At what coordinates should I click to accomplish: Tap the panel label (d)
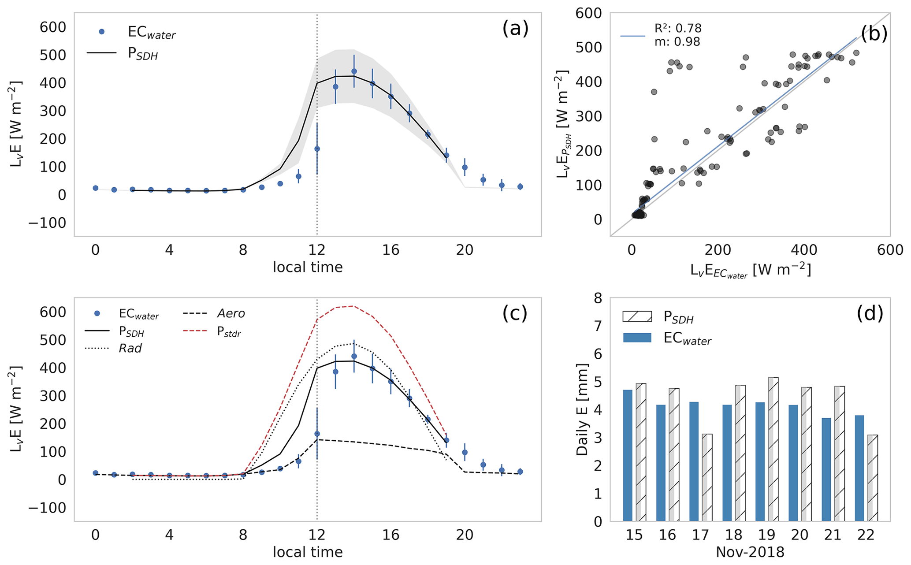(x=870, y=313)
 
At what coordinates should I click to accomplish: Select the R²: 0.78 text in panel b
(x=678, y=29)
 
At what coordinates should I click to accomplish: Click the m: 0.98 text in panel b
(x=677, y=42)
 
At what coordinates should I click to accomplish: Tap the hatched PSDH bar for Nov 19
(x=773, y=449)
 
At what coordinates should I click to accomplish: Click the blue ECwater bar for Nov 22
(x=859, y=468)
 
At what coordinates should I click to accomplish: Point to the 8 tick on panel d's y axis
(x=598, y=298)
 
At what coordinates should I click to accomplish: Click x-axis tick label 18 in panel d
(x=734, y=535)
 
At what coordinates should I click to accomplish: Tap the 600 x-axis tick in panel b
(x=890, y=250)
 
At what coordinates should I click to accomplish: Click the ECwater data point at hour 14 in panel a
(x=353, y=71)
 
